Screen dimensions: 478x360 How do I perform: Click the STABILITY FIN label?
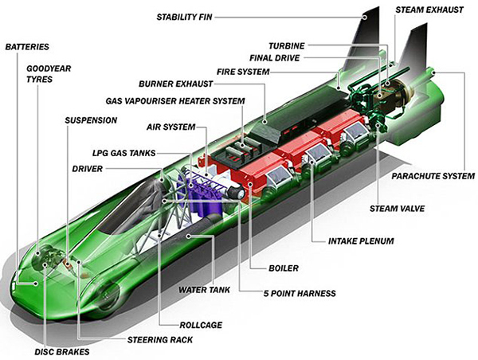pos(184,17)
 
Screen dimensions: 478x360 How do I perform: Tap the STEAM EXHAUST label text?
pos(429,10)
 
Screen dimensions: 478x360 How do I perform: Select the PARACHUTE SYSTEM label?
pos(433,176)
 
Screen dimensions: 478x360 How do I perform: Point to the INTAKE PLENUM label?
pos(361,241)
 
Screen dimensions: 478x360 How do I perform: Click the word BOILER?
pos(284,268)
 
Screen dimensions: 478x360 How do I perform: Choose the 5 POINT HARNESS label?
pos(300,293)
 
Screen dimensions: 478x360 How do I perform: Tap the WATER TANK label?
pos(204,290)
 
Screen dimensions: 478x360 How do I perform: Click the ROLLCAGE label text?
pos(201,325)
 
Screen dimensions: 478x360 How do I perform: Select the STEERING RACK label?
pos(160,339)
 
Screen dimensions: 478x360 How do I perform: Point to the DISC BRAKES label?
pos(62,352)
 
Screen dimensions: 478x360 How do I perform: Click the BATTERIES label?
pos(27,47)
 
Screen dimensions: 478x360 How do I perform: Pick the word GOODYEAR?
pos(49,68)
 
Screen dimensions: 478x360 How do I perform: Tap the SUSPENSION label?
pos(91,120)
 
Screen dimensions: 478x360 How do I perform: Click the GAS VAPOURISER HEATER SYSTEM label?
pos(175,101)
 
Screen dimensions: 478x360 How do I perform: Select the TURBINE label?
pos(287,45)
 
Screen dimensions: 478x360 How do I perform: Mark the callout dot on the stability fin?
pos(364,18)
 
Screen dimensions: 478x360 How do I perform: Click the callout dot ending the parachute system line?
pos(434,72)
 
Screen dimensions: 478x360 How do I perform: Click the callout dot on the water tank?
pos(189,236)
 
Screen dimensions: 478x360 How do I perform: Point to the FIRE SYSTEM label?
pos(243,72)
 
